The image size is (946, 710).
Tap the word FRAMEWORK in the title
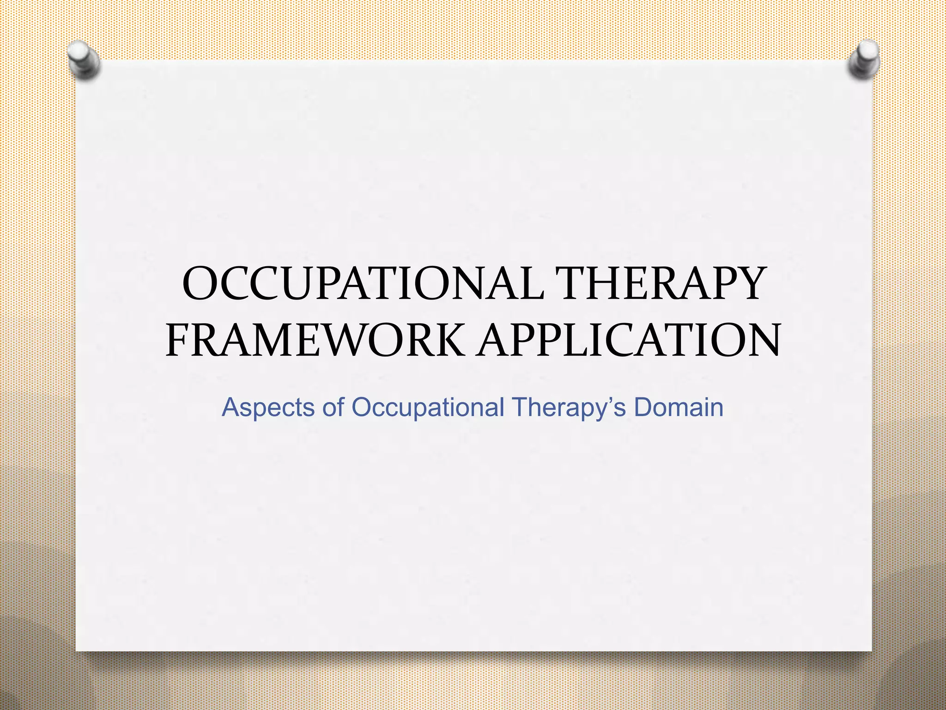(315, 341)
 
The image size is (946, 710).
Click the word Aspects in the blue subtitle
(268, 408)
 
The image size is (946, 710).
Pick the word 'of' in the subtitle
(333, 408)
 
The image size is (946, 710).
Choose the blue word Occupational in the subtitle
(427, 408)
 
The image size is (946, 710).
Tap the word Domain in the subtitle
(679, 408)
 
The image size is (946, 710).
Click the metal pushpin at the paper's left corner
(84, 59)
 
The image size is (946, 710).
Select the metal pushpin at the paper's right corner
(864, 59)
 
